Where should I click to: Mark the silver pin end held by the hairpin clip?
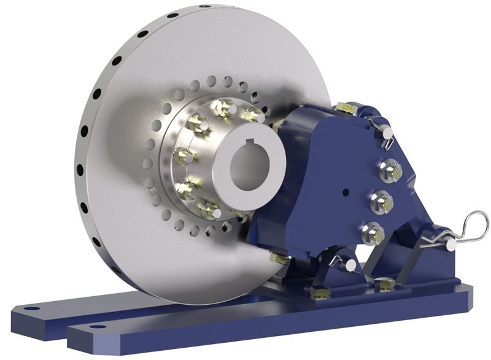(x=451, y=244)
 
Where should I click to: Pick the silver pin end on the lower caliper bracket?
(x=350, y=265)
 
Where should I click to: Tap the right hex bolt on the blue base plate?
(x=384, y=285)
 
